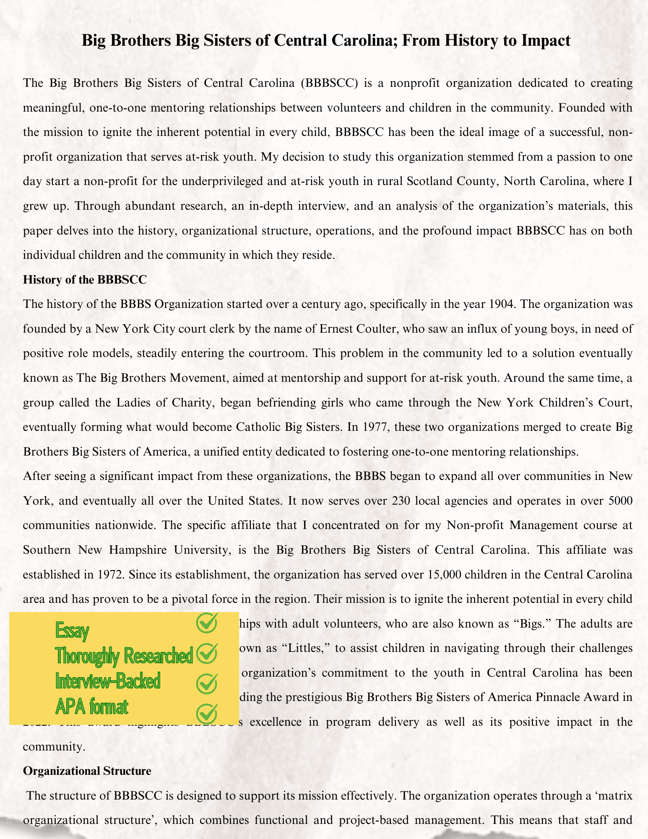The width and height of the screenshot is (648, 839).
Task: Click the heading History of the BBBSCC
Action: click(x=85, y=279)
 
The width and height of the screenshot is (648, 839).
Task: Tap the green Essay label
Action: click(x=72, y=631)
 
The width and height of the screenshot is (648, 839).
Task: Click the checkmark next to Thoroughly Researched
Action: click(x=207, y=653)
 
